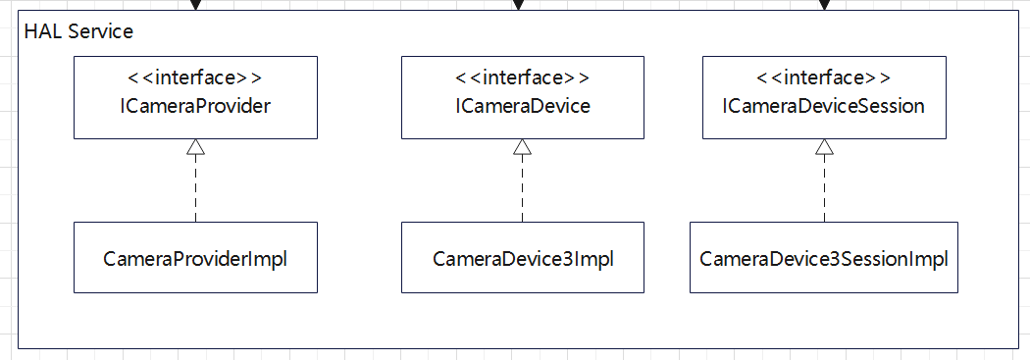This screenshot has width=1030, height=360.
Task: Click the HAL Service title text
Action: [77, 31]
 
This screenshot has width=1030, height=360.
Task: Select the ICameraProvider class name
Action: [194, 106]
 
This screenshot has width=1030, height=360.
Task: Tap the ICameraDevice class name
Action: [523, 106]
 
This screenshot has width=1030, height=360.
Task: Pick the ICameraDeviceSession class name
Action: [824, 106]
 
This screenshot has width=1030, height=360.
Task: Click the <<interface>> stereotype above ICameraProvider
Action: [194, 77]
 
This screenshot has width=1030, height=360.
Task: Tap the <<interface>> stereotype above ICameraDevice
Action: [523, 77]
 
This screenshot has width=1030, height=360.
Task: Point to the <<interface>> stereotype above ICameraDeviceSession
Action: [824, 77]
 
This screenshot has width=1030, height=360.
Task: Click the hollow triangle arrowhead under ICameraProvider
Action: [195, 147]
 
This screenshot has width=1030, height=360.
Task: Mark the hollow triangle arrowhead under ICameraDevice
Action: [523, 147]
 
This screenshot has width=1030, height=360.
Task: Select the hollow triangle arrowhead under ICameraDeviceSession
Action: [824, 147]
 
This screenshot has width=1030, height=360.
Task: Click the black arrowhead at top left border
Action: [195, 5]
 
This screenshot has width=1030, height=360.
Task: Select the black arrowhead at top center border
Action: [519, 5]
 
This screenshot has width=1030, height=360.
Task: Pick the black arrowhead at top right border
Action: [824, 5]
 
